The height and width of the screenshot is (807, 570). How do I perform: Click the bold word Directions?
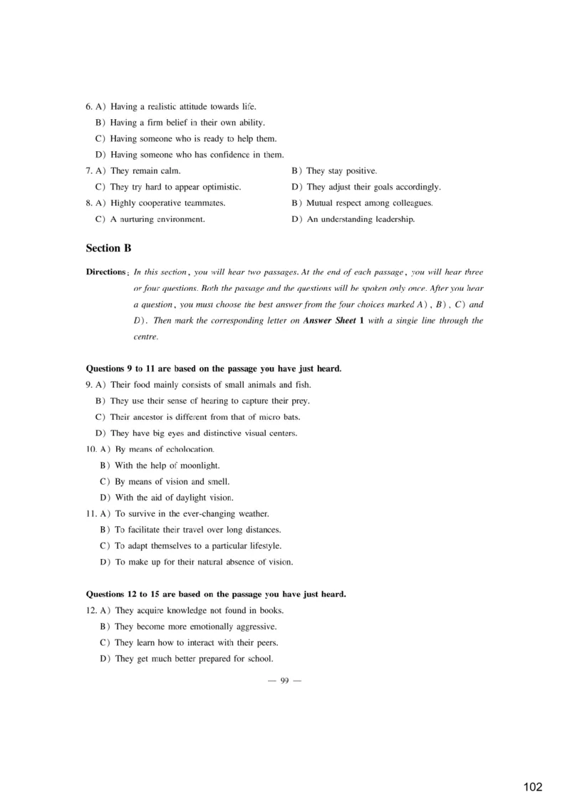click(x=106, y=272)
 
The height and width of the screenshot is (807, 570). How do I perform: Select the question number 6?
click(x=88, y=107)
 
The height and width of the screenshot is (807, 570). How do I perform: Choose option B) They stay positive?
click(x=334, y=171)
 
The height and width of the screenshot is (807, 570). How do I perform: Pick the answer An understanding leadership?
click(x=361, y=220)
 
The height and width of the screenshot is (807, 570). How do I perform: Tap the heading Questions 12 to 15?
click(x=216, y=594)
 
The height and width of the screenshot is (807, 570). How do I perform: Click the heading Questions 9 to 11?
click(x=213, y=369)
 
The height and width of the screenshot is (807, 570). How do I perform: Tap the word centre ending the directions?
click(x=145, y=336)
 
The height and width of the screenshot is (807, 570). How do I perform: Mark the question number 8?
click(x=88, y=203)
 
